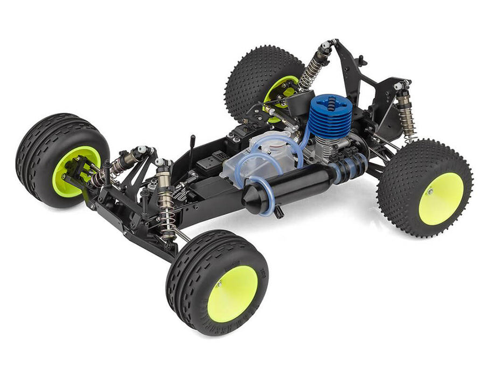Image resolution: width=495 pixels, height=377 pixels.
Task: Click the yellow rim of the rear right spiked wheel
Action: (441, 198)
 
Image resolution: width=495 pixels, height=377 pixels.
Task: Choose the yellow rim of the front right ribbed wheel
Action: (232, 294)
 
